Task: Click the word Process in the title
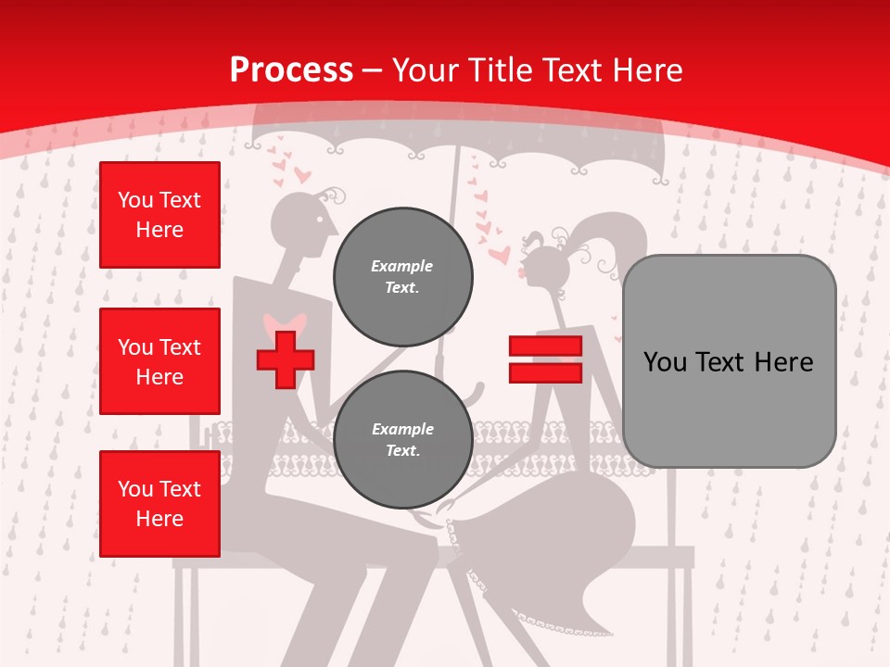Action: [291, 69]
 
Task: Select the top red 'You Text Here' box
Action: [159, 215]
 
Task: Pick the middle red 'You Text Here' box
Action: [159, 361]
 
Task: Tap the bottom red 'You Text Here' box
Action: [159, 504]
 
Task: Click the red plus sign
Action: [285, 359]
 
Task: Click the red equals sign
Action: [545, 359]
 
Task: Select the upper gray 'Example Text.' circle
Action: [402, 276]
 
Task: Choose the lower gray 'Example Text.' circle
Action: [402, 439]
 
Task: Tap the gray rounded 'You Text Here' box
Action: [729, 361]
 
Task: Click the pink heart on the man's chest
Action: [284, 324]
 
